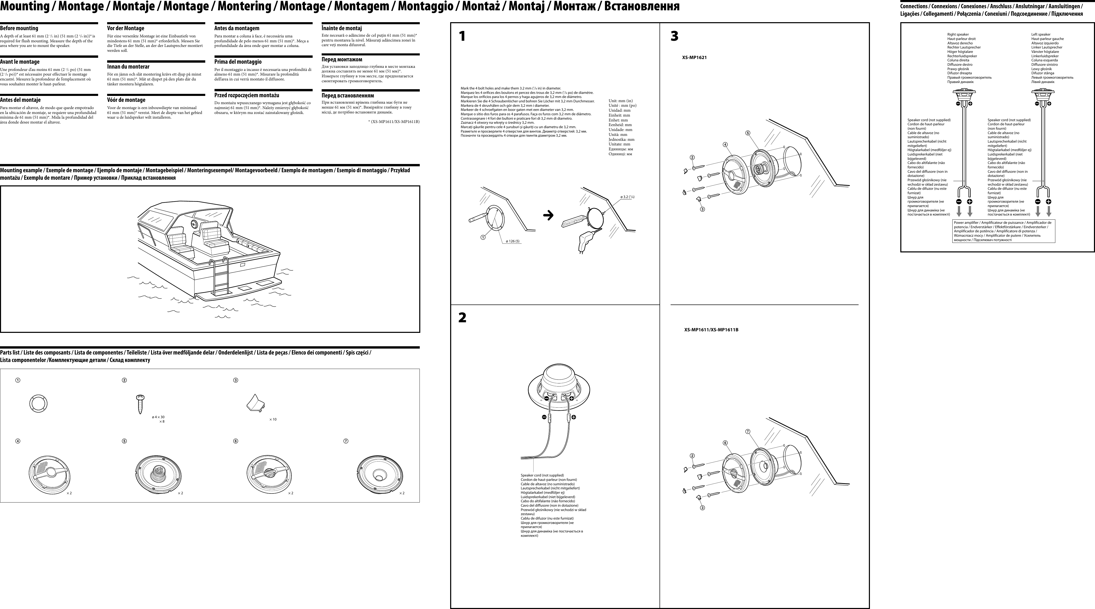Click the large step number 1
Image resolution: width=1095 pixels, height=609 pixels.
[x=462, y=36]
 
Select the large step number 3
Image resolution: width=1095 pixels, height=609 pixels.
[x=674, y=36]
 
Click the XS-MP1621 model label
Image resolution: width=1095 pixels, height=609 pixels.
[x=694, y=57]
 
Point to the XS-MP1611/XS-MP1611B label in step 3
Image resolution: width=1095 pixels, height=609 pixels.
[x=711, y=330]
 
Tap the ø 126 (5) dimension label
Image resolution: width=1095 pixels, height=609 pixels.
[x=513, y=241]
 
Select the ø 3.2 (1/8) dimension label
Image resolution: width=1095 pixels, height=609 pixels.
[x=627, y=197]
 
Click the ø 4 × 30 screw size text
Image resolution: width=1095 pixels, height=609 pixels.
[x=158, y=417]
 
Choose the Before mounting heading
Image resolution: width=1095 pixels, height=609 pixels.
[x=19, y=28]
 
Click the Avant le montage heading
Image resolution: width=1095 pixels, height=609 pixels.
[x=20, y=62]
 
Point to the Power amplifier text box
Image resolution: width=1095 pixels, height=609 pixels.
[x=1003, y=231]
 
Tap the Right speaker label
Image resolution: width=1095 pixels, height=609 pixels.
[x=958, y=35]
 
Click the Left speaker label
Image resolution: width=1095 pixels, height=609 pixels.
[x=1041, y=35]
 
